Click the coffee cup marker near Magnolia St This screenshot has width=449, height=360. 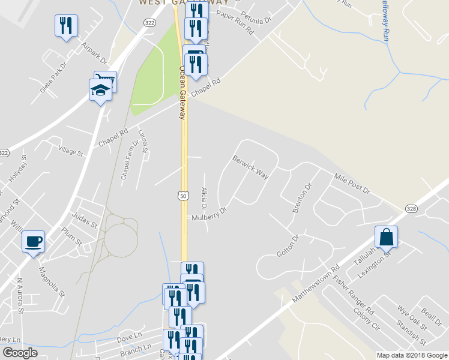click(33, 241)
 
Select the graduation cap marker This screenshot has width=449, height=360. click(100, 91)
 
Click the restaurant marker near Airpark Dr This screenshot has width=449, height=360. click(66, 25)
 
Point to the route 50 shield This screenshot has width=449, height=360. click(182, 196)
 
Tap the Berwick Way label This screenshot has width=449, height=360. click(250, 167)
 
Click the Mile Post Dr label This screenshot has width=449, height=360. click(352, 183)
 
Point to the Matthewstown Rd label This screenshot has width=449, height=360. click(316, 284)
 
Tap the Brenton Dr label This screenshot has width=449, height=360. click(302, 198)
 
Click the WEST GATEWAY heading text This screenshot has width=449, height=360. click(176, 2)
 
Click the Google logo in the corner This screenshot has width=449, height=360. click(20, 353)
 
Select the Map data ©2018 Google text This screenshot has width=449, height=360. click(411, 355)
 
